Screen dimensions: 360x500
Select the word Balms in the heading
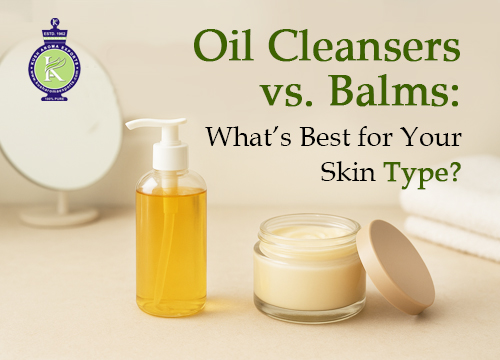(395, 97)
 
